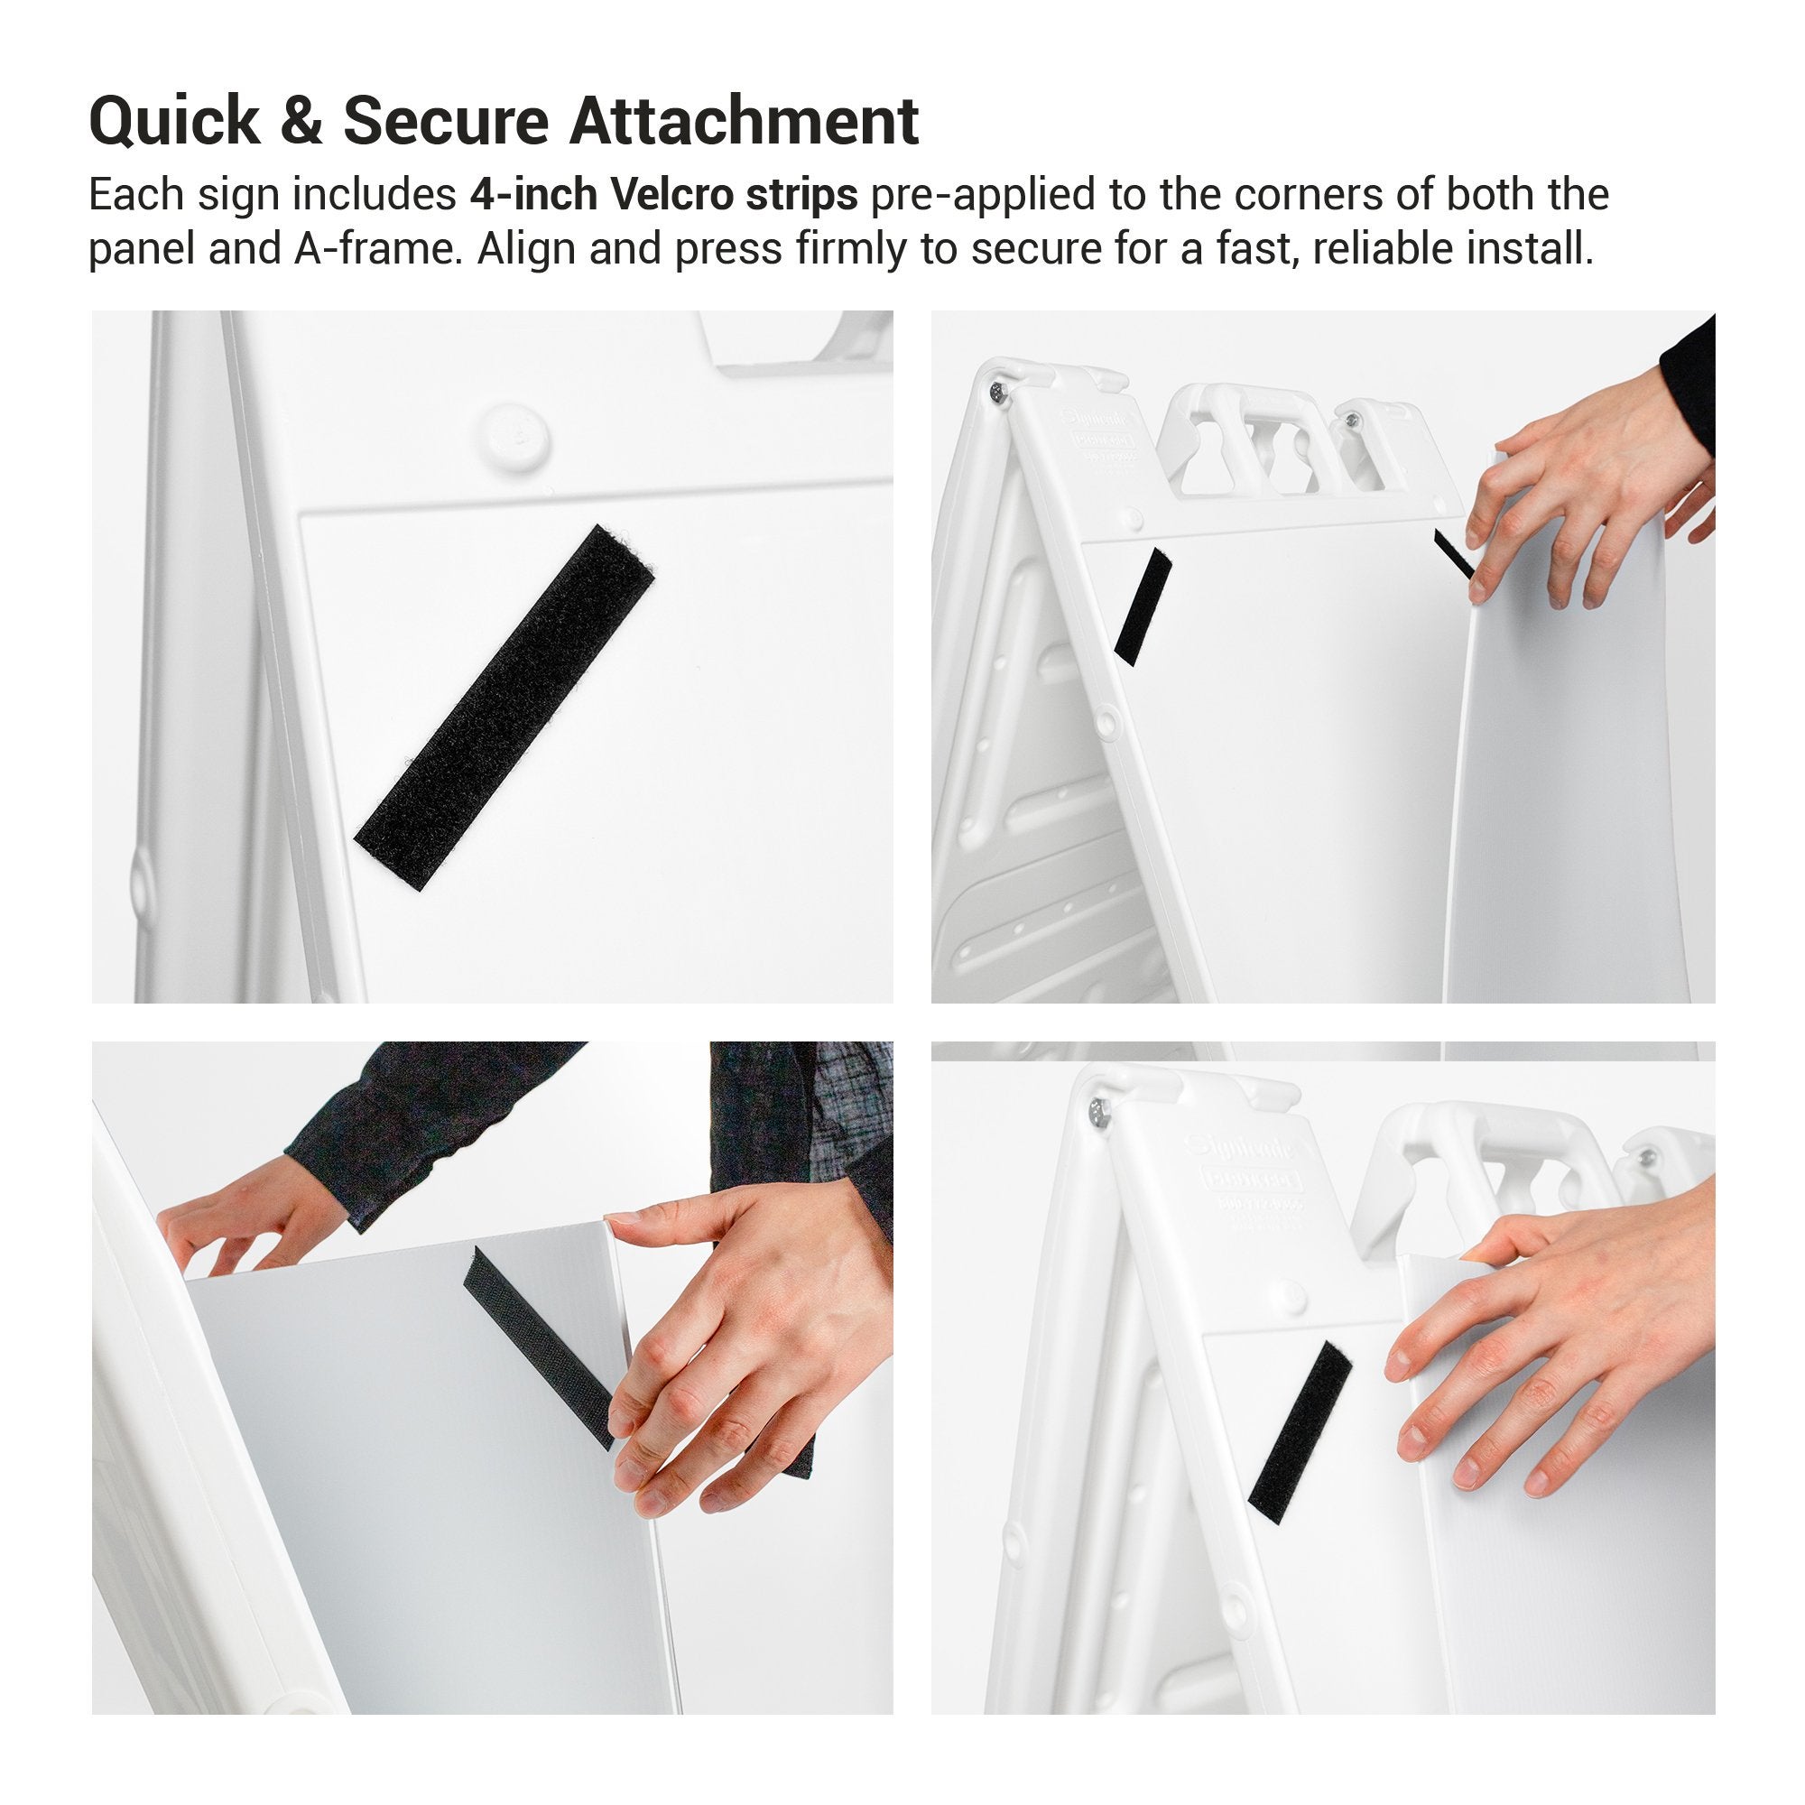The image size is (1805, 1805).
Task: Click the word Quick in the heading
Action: [x=175, y=122]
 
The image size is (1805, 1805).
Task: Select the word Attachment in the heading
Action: [x=744, y=122]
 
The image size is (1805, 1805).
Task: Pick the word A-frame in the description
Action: [x=378, y=249]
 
